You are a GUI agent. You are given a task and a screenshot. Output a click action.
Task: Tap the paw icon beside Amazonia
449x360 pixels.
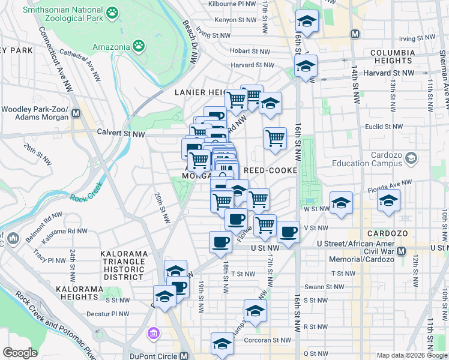coord(139,46)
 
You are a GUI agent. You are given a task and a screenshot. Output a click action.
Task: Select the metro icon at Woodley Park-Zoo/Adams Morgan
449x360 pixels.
coord(76,112)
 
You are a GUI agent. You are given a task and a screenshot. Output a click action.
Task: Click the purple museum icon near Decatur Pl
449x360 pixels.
coord(153,332)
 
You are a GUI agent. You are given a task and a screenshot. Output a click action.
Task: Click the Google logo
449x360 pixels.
coord(20,353)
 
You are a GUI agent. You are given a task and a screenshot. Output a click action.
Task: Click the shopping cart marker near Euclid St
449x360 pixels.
coord(275,139)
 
